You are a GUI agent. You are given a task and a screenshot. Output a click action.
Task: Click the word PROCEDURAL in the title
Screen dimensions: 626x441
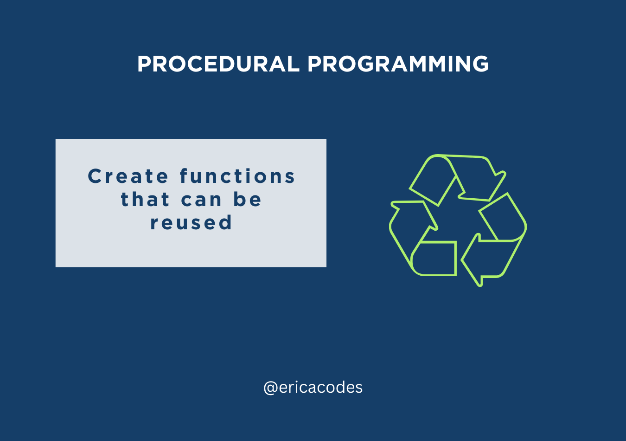click(218, 64)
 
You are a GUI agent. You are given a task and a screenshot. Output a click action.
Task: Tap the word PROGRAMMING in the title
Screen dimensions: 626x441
click(398, 64)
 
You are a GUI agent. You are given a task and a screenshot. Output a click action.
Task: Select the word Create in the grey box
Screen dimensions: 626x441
click(128, 176)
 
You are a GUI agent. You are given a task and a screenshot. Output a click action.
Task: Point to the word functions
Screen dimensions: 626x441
click(237, 176)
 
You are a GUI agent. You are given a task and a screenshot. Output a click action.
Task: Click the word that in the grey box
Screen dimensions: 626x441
click(145, 199)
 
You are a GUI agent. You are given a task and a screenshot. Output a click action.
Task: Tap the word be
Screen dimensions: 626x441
click(247, 199)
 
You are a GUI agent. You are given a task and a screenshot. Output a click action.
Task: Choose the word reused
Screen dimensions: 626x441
click(191, 222)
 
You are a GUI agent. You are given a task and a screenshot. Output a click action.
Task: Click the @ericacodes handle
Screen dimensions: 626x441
click(313, 388)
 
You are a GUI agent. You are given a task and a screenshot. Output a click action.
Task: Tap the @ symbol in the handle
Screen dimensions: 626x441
click(270, 388)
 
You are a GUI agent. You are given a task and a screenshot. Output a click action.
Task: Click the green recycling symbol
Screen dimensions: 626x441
click(458, 220)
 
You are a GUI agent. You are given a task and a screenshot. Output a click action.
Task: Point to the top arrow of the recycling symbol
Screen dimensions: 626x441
click(458, 179)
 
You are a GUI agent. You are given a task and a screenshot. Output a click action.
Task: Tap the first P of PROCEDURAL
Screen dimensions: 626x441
click(144, 64)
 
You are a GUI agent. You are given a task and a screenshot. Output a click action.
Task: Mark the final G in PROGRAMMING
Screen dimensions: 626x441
click(480, 64)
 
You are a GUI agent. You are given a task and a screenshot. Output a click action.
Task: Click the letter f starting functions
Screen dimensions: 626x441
click(184, 176)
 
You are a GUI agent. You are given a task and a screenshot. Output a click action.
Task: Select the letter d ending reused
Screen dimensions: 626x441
click(225, 222)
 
